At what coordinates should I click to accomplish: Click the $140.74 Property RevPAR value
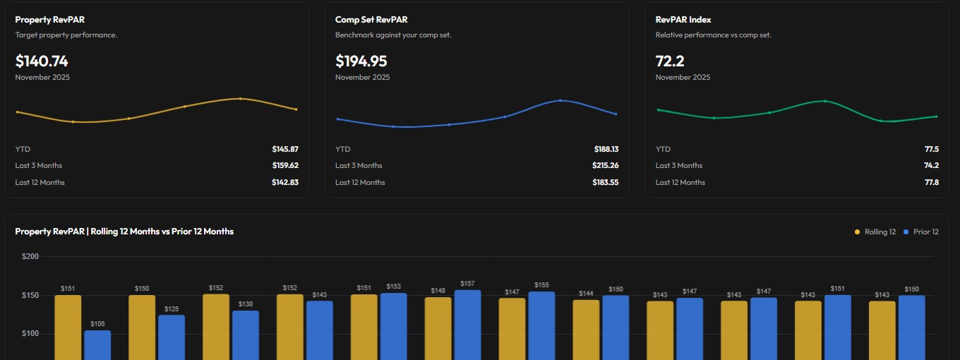42,61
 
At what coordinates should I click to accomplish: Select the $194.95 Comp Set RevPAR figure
361,61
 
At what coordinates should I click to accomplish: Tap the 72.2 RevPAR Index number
670,61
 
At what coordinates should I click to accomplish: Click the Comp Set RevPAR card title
371,20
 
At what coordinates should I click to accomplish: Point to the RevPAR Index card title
683,20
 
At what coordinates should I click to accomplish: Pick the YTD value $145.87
285,149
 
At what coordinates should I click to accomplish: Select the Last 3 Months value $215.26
605,165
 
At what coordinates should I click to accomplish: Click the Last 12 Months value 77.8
931,182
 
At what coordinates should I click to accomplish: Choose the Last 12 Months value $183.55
605,182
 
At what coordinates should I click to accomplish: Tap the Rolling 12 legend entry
875,232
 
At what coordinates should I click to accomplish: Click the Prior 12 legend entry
921,232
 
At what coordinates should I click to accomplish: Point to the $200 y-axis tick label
30,256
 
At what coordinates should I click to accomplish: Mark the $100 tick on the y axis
30,334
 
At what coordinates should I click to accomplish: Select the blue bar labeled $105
97,345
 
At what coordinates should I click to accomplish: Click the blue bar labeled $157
467,325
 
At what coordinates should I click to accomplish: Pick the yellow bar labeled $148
438,328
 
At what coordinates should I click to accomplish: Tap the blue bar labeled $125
172,337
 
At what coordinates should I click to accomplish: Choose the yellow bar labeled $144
586,330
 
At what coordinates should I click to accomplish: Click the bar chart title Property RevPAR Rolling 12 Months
124,232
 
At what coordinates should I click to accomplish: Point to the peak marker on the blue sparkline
560,100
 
